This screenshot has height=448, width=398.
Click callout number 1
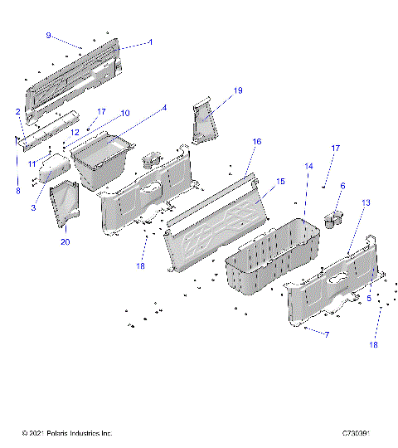[x=150, y=41]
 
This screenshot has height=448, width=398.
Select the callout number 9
[x=48, y=36]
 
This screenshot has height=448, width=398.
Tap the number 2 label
[x=17, y=111]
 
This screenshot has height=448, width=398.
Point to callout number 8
[x=17, y=191]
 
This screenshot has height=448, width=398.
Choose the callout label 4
[x=164, y=108]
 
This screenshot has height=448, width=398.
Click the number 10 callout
[x=125, y=113]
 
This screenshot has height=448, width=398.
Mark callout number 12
[x=74, y=132]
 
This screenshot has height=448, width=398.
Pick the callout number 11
[x=32, y=164]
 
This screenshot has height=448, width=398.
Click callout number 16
[x=257, y=142]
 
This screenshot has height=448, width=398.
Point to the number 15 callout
[x=280, y=181]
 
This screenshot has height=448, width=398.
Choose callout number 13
[x=366, y=203]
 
